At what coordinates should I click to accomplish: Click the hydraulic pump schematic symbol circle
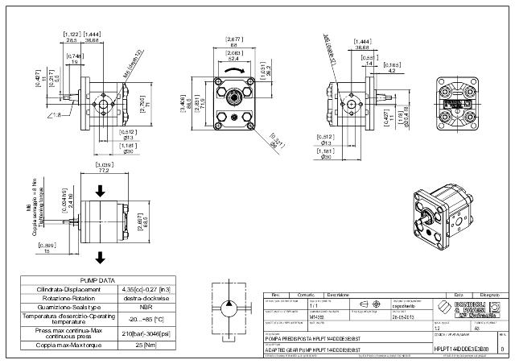click(x=227, y=310)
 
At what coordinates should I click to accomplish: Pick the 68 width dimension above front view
click(x=233, y=45)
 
